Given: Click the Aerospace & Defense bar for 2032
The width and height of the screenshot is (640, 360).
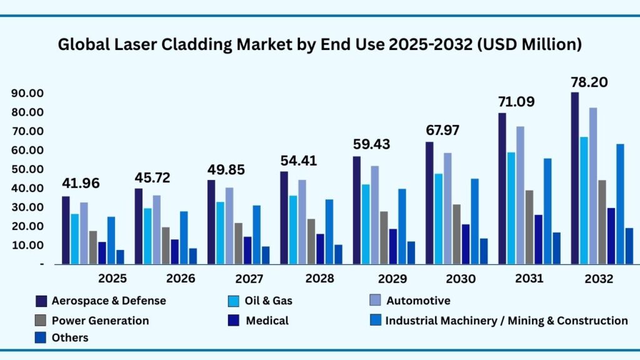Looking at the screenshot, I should [x=575, y=178].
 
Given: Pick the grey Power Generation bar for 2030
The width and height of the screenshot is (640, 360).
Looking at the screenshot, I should [x=456, y=234].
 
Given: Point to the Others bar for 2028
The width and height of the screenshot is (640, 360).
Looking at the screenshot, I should [x=338, y=254].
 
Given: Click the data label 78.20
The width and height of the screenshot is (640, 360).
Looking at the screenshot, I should [x=589, y=82].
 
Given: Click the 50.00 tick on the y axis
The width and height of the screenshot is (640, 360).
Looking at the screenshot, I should [x=27, y=169].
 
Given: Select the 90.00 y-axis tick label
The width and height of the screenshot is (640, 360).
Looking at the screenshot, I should [x=27, y=93].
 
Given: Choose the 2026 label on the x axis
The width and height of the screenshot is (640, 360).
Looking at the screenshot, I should [x=181, y=279].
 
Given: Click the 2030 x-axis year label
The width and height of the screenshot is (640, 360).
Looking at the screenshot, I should [x=461, y=279].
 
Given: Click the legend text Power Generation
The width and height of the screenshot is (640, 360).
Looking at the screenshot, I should [x=100, y=321].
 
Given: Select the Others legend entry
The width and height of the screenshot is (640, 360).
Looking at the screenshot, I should [x=70, y=338].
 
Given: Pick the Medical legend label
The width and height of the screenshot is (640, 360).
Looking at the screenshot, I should [x=267, y=321].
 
